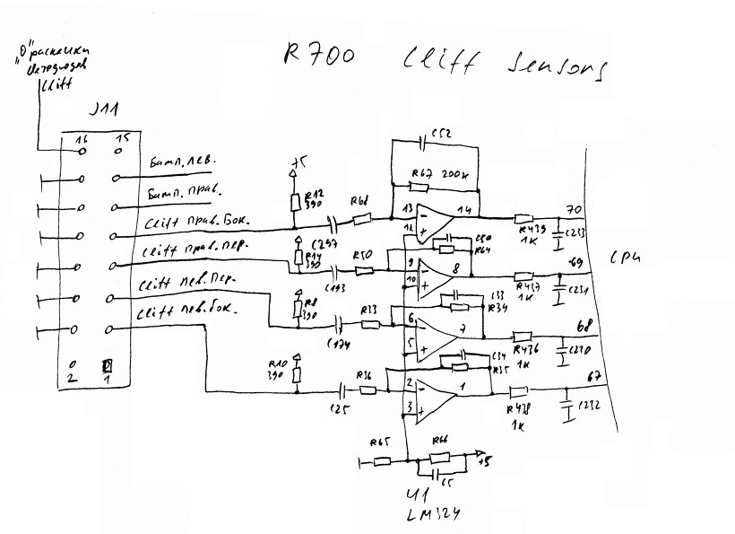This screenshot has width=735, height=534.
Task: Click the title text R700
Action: (x=317, y=56)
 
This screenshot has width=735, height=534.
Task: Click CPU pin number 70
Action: (x=566, y=211)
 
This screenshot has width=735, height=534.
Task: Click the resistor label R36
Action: (x=363, y=374)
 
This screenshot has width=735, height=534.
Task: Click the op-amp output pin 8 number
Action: (x=456, y=267)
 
